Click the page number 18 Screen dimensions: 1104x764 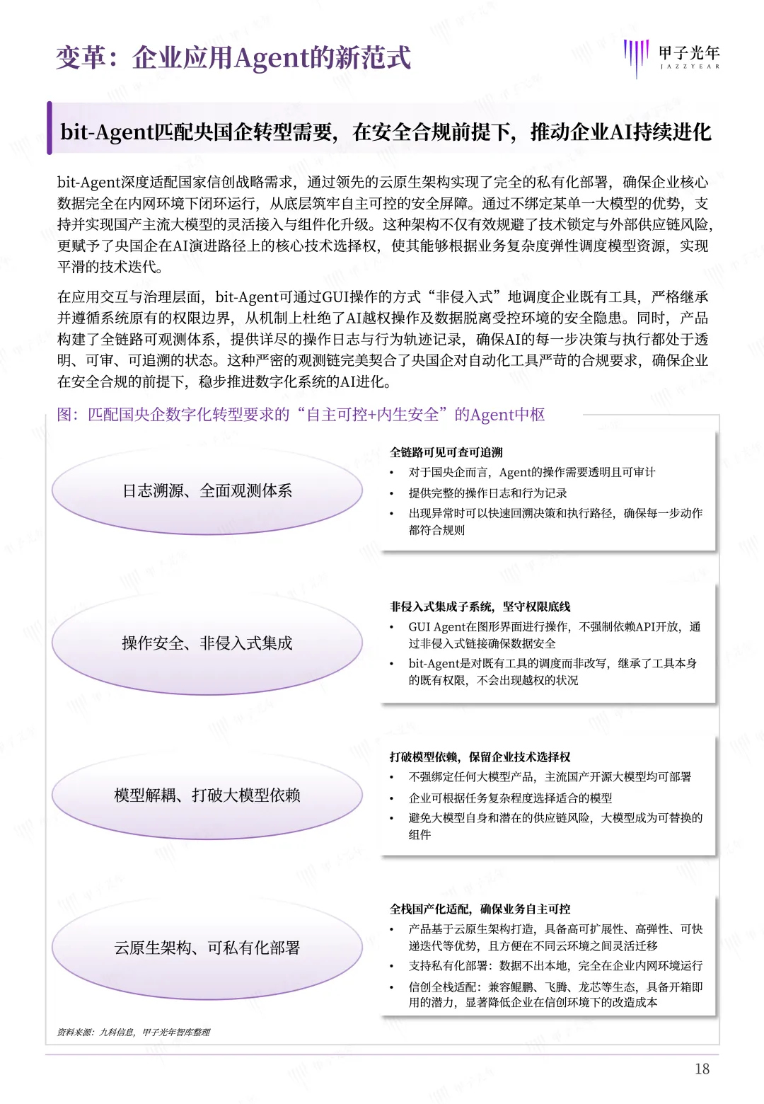pyautogui.click(x=702, y=1069)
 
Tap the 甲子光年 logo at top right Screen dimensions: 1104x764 pyautogui.click(x=671, y=57)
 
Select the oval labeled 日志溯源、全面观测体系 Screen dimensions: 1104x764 pyautogui.click(x=207, y=490)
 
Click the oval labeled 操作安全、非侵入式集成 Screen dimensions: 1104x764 pyautogui.click(x=207, y=643)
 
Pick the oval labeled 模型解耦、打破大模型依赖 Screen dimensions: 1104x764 pyautogui.click(x=207, y=795)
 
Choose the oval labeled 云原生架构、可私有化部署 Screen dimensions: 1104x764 pyautogui.click(x=207, y=948)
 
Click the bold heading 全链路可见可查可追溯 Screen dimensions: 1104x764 pyautogui.click(x=446, y=452)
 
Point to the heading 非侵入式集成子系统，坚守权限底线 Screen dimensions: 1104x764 pyautogui.click(x=480, y=606)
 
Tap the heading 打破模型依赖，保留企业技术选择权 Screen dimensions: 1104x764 pyautogui.click(x=480, y=757)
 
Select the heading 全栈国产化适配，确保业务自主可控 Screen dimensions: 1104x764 pyautogui.click(x=480, y=909)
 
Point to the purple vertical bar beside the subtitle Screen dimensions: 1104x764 pyautogui.click(x=50, y=128)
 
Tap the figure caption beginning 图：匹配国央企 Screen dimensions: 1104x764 pyautogui.click(x=301, y=415)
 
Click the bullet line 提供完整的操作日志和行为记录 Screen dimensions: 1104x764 pyautogui.click(x=487, y=493)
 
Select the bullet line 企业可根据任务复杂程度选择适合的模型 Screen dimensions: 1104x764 pyautogui.click(x=510, y=798)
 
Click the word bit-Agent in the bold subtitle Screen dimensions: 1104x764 pyautogui.click(x=107, y=132)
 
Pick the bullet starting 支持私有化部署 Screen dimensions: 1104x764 pyautogui.click(x=555, y=965)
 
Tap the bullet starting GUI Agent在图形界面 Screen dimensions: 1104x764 pyautogui.click(x=554, y=626)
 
